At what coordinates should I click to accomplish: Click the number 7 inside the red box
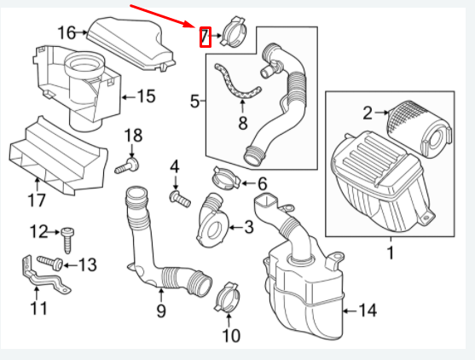[205, 36]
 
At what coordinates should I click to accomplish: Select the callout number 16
[67, 33]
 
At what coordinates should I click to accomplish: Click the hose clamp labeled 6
[223, 180]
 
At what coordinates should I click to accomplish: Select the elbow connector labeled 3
[212, 219]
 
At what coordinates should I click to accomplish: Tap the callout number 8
[242, 124]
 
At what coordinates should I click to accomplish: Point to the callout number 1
[390, 252]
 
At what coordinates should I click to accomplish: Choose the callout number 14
[367, 311]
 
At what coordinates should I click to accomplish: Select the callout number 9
[160, 311]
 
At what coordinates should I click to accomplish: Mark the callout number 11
[38, 307]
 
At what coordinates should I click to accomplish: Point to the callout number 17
[37, 201]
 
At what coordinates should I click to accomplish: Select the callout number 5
[195, 102]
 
